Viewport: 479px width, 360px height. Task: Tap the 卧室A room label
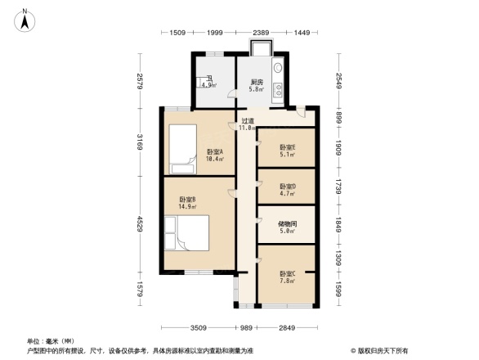[x=216, y=152]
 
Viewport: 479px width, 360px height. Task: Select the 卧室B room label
[x=187, y=200]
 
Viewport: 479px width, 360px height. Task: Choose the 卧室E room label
[x=287, y=148]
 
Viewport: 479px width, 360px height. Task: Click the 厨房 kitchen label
[x=257, y=82]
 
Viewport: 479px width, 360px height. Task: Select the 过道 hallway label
[x=247, y=121]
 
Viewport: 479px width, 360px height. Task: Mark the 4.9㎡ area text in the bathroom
[x=208, y=85]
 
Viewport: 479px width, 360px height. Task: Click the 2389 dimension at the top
[x=261, y=32]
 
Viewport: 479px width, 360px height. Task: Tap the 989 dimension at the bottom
[x=245, y=327]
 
